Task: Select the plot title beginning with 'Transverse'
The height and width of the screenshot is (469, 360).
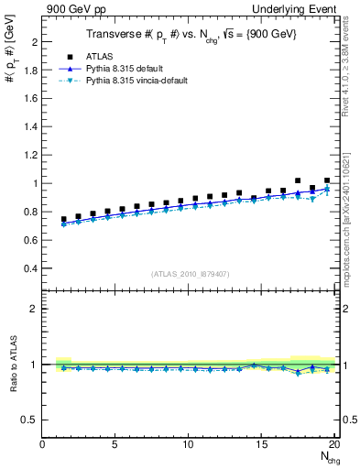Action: (190, 34)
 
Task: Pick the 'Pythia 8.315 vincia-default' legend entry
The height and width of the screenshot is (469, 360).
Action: (150, 82)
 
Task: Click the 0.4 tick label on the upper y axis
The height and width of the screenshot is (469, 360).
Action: (29, 268)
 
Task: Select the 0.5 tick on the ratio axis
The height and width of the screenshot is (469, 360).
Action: (29, 420)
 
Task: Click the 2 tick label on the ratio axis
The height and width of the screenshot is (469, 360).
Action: (33, 309)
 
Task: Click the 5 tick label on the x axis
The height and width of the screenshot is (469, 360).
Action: (115, 444)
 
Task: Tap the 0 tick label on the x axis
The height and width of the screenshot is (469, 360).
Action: (42, 444)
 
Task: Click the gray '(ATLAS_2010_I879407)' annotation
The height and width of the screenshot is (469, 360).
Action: (190, 272)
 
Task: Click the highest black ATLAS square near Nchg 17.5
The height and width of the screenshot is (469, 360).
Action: (298, 181)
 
